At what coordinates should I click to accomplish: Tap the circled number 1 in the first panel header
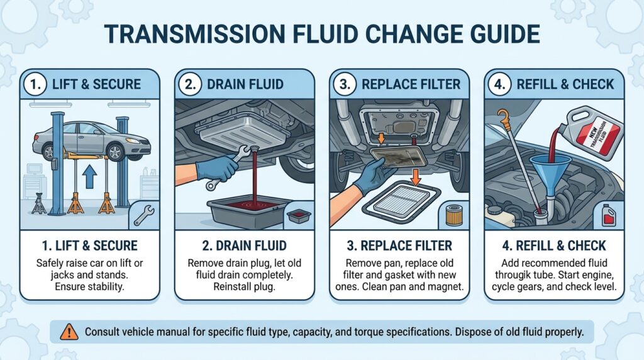point(35,83)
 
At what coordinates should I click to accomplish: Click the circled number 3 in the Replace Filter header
point(345,84)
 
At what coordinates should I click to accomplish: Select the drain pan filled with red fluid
point(245,210)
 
